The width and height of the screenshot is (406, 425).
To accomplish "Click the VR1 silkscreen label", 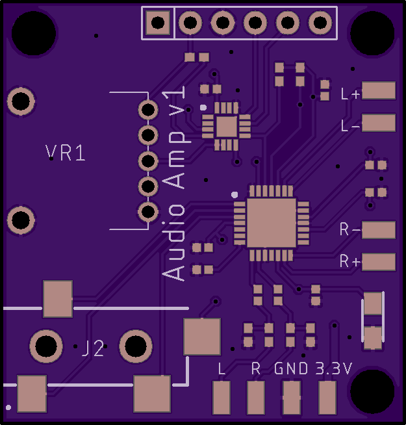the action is point(66,153).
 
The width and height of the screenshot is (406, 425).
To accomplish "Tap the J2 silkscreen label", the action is point(93,348).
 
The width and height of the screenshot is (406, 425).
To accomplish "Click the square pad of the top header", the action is point(157,23).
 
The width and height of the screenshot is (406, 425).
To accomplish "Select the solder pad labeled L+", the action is point(379,90).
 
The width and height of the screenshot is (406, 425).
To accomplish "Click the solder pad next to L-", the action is point(379,123).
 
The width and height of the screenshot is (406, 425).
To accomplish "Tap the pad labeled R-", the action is point(379,230).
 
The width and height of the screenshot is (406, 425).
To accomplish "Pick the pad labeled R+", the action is point(379,262).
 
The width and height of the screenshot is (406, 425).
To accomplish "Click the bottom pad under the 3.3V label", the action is point(327,397).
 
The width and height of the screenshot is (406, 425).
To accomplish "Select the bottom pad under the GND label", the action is point(292,397).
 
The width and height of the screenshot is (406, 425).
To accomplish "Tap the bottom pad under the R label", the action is point(256,397).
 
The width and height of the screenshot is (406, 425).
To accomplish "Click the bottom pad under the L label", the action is point(222,397).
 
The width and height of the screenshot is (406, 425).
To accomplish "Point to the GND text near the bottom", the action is point(291,368).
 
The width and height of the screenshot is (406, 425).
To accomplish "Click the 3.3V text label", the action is point(333,368).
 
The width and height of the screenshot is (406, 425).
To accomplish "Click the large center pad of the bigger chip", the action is point(272,223).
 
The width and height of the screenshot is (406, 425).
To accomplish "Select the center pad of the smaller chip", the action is point(227,127).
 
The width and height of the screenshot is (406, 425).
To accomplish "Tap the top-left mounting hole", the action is point(34,33).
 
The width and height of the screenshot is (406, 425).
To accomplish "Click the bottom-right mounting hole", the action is point(372,391).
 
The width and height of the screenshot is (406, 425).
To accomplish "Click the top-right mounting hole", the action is point(372,33).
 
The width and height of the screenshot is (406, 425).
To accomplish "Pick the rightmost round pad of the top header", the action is point(320,22).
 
